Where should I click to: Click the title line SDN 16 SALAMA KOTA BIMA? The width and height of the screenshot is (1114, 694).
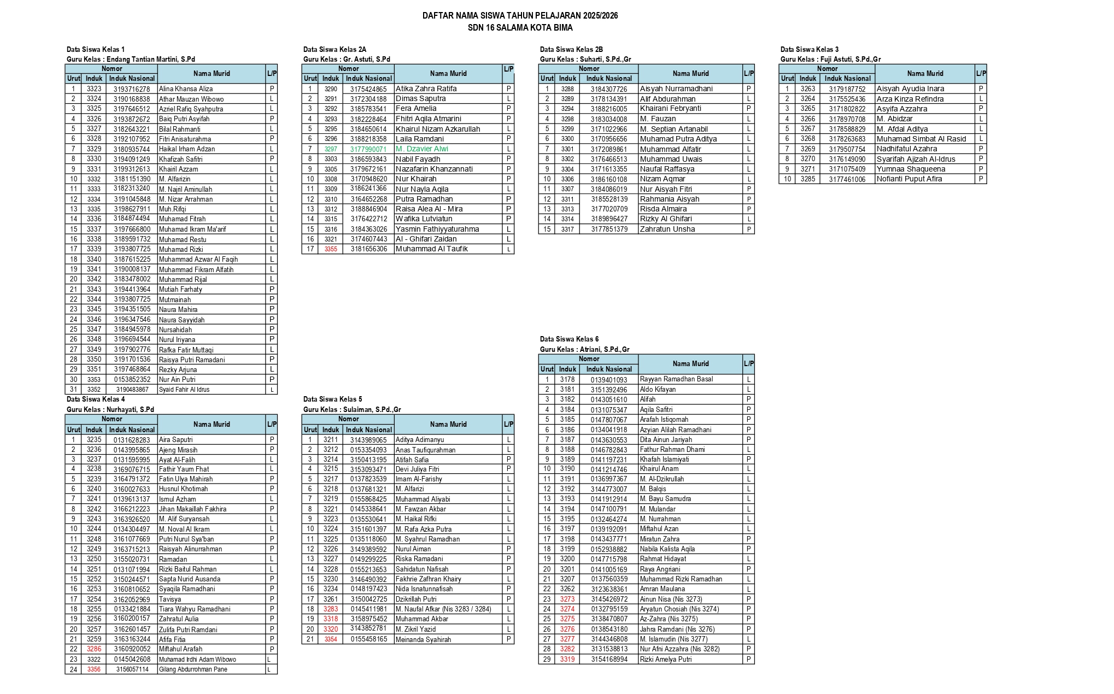[520, 27]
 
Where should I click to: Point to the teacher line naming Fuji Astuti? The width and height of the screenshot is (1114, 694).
[830, 59]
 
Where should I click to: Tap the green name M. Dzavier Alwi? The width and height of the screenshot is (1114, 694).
[421, 149]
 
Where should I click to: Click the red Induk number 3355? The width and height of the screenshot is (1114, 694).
[331, 249]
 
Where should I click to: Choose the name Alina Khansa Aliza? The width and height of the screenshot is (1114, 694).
[186, 89]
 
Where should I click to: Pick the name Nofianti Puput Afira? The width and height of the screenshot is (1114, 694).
[909, 179]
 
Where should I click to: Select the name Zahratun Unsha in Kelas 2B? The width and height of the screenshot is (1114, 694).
[667, 229]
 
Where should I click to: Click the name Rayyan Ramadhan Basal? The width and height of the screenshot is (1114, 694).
[676, 379]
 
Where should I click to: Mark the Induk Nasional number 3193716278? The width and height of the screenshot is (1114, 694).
[132, 89]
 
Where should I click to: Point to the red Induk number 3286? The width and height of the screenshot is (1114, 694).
[94, 649]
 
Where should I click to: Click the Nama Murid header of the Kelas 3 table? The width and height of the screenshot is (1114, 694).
[925, 73]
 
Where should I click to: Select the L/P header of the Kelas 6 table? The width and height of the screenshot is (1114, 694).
[749, 363]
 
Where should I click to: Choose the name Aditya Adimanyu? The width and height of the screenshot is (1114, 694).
[420, 440]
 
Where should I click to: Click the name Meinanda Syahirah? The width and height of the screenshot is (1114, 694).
[423, 639]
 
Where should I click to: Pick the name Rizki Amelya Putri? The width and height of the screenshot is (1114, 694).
[666, 660]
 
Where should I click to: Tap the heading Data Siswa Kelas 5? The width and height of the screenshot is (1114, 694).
[332, 399]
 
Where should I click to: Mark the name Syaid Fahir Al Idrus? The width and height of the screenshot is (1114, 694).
[184, 390]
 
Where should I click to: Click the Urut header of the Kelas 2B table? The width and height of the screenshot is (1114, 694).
[547, 78]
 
